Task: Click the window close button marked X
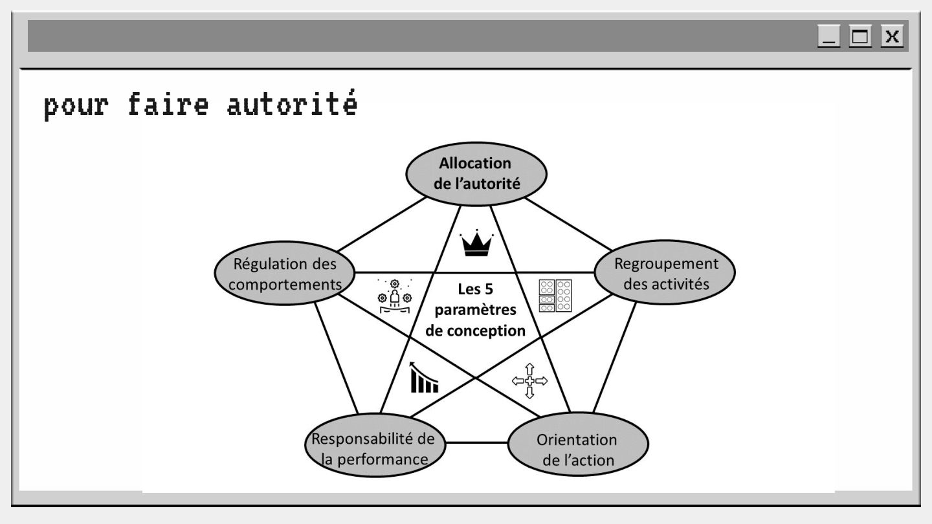point(893,36)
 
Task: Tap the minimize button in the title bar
point(828,36)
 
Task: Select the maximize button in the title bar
point(860,36)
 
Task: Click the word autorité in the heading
point(291,105)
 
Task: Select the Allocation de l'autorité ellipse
point(476,173)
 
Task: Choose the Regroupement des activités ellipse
point(665,274)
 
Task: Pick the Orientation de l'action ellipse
point(578,444)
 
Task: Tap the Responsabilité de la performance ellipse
point(374,444)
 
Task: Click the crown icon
point(476,244)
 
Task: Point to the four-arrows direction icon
point(529,381)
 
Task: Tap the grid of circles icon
point(555,296)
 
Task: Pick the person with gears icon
point(394,297)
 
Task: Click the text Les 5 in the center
point(476,289)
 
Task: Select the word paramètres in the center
point(476,310)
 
